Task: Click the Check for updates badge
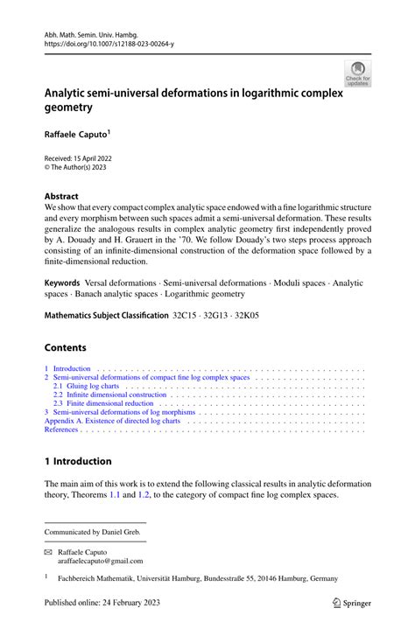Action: click(357, 73)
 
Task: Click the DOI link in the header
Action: click(103, 40)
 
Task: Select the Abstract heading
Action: click(61, 197)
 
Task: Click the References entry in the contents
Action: click(61, 430)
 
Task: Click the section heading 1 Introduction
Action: click(78, 461)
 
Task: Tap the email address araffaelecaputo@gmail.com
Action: click(101, 562)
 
